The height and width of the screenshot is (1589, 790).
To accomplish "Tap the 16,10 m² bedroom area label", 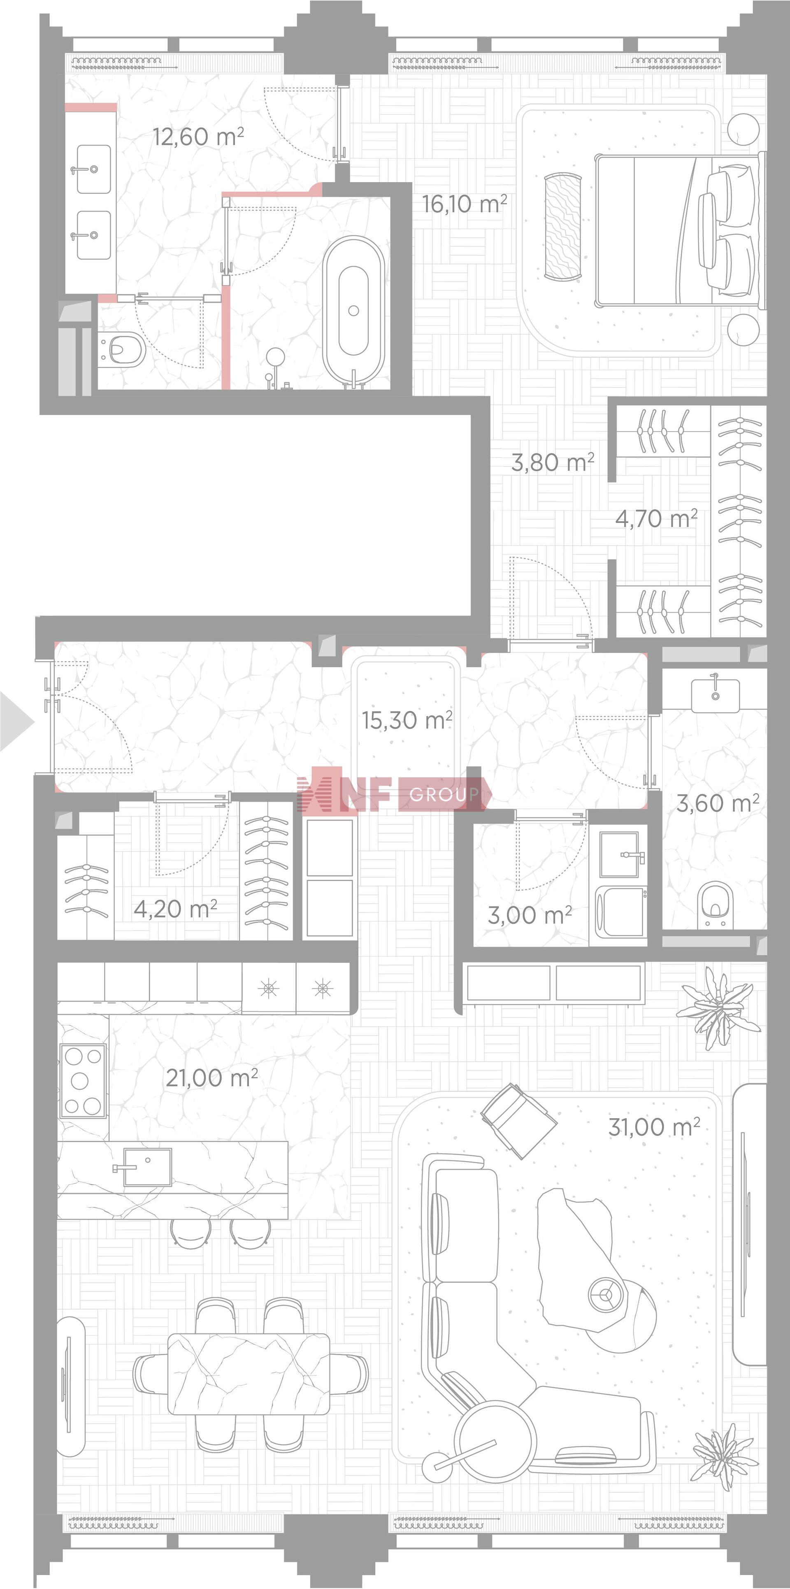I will pyautogui.click(x=464, y=204).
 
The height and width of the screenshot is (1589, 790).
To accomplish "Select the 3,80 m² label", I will pyautogui.click(x=552, y=462).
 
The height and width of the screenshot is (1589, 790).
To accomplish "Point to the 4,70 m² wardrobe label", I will pyautogui.click(x=656, y=519).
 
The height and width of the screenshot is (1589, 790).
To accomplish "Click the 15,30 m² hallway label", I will pyautogui.click(x=407, y=720).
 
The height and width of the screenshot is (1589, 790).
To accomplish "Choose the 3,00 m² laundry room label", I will pyautogui.click(x=530, y=915).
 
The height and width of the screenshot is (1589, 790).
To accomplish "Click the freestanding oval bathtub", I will pyautogui.click(x=354, y=312).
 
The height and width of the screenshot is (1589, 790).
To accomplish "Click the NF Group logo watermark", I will pyautogui.click(x=393, y=794).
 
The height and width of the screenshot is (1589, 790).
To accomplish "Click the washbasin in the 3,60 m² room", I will pyautogui.click(x=715, y=695).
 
